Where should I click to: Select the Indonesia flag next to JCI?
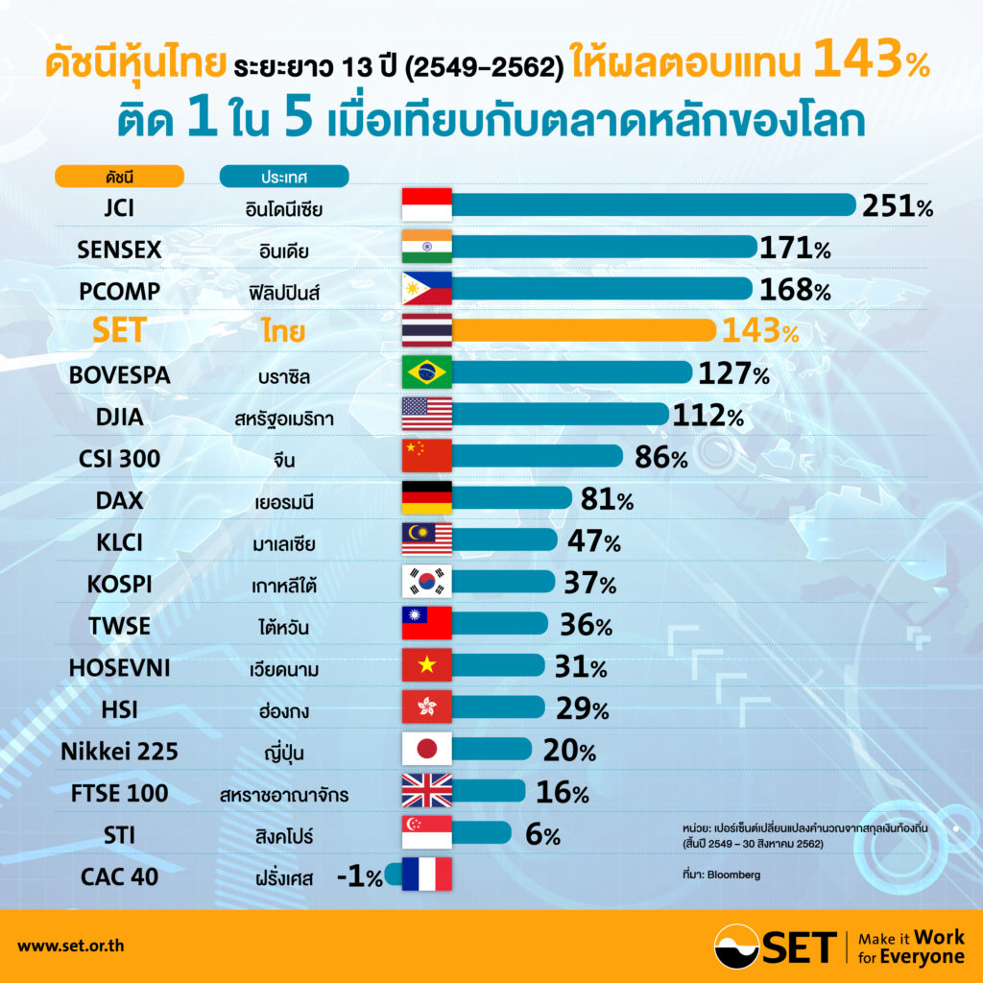[426, 205]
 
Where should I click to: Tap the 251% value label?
[897, 205]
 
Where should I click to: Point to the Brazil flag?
[426, 372]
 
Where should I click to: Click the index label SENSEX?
[119, 250]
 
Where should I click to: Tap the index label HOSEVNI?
[119, 667]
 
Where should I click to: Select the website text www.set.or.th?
[70, 946]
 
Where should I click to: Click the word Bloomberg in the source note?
[733, 875]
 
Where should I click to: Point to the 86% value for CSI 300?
[660, 457]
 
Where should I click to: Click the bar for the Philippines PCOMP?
[601, 289]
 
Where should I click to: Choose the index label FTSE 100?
[119, 793]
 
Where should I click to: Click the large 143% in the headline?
[869, 63]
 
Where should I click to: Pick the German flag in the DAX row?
[426, 498]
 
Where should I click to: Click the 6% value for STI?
[542, 834]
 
